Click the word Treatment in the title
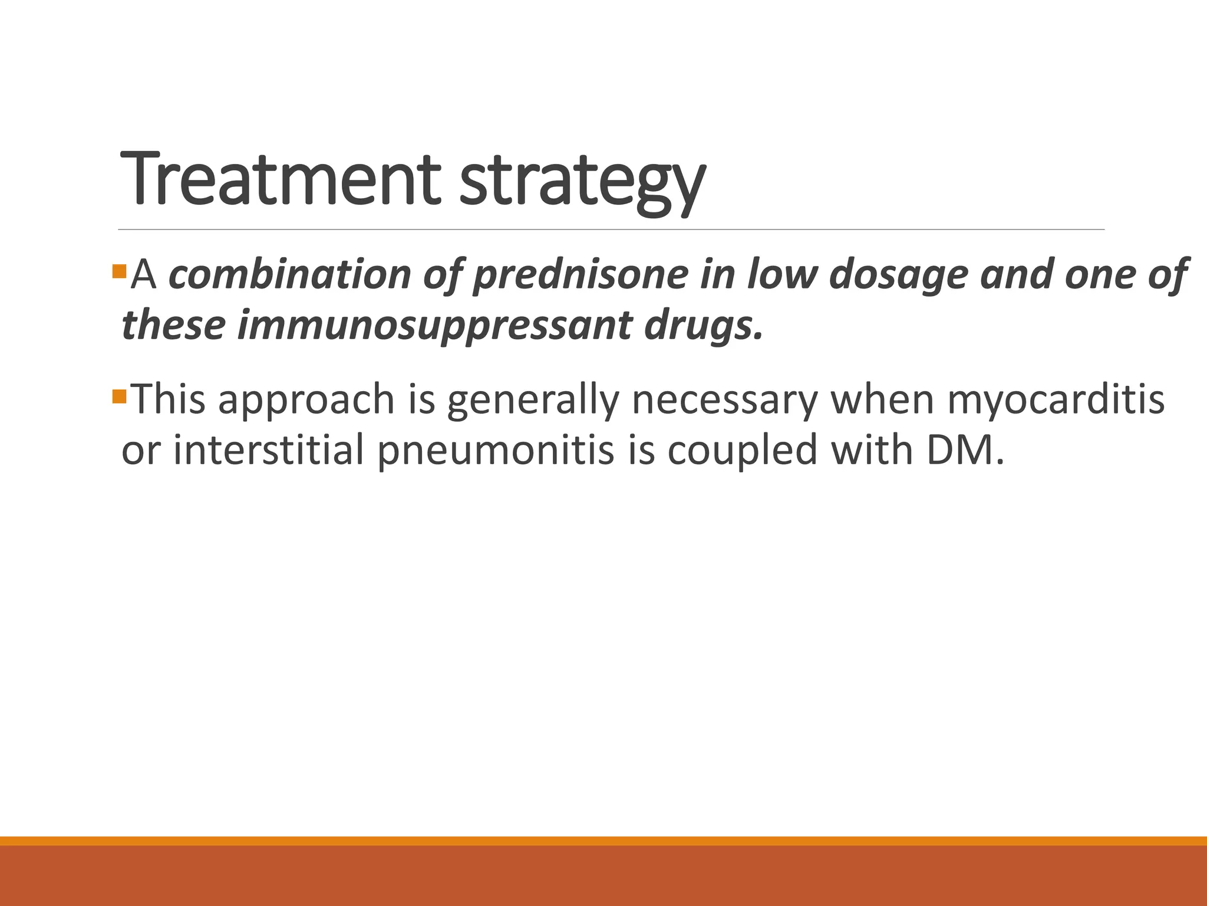280,178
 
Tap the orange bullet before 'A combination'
119,272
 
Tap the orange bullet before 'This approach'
119,396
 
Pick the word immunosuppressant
434,326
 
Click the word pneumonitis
495,450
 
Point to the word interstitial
268,450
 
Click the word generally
533,399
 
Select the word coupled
743,450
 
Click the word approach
306,399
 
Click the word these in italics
173,326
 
